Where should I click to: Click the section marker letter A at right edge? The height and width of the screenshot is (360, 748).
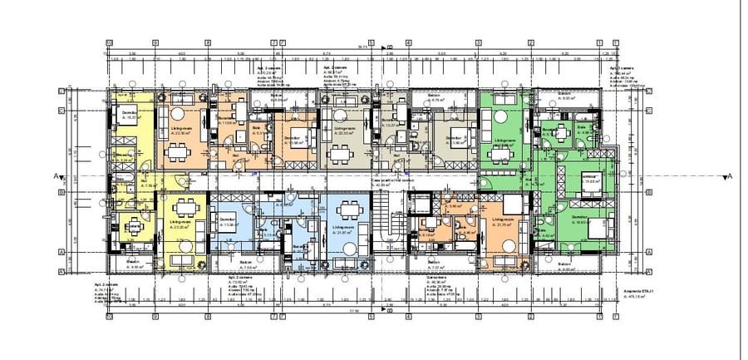729,176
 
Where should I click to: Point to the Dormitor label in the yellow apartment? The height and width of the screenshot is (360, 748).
130,113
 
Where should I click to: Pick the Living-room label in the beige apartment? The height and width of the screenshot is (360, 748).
345,131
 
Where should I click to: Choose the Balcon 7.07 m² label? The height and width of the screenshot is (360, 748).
436,264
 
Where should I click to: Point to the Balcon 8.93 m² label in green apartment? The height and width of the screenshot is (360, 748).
565,95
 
